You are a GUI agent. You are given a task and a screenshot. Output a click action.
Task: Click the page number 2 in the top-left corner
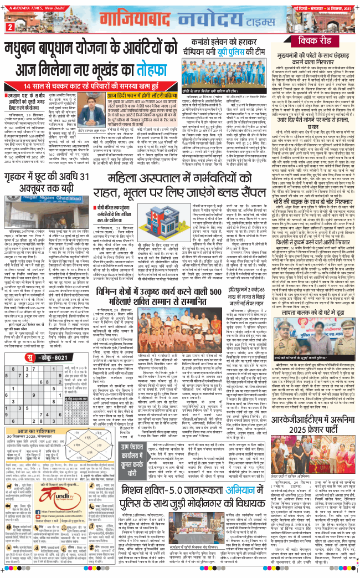pos(10,27)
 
